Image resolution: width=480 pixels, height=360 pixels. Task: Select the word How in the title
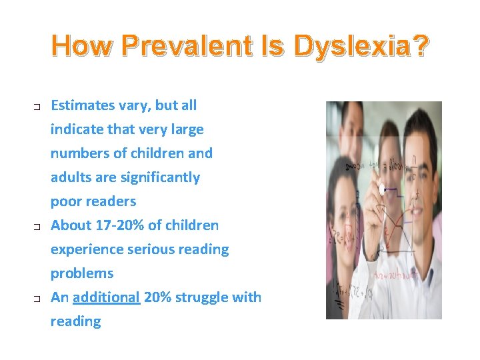[x=78, y=47]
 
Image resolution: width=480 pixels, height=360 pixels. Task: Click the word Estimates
[x=83, y=105]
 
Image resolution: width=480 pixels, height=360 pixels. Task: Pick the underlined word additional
[x=106, y=297]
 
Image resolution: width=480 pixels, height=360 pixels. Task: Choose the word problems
[x=82, y=273]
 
